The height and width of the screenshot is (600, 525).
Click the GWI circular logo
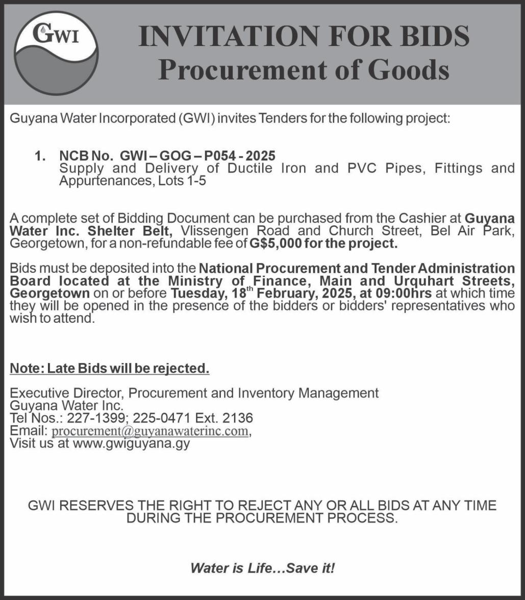[x=57, y=53]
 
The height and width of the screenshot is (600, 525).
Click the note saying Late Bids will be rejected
[x=110, y=368]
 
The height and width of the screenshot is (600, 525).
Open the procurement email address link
[x=150, y=431]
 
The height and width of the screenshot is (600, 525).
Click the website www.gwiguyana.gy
[x=131, y=443]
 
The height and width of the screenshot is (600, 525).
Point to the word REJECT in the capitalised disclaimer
[x=256, y=506]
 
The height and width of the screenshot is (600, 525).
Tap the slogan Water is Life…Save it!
[x=262, y=568]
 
